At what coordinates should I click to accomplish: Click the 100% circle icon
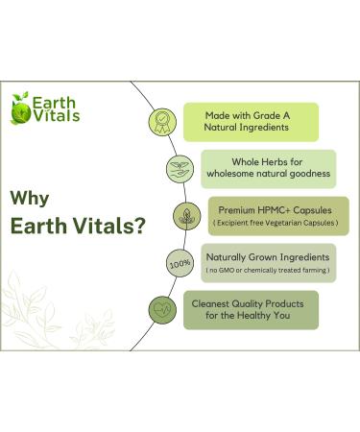click(179, 262)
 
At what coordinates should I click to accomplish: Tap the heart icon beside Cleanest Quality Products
click(161, 309)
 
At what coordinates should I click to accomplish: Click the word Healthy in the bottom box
click(265, 316)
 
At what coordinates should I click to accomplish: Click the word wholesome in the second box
click(230, 175)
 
